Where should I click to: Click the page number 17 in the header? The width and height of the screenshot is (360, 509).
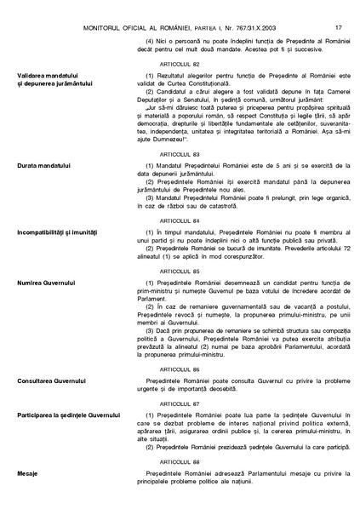click(x=338, y=8)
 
